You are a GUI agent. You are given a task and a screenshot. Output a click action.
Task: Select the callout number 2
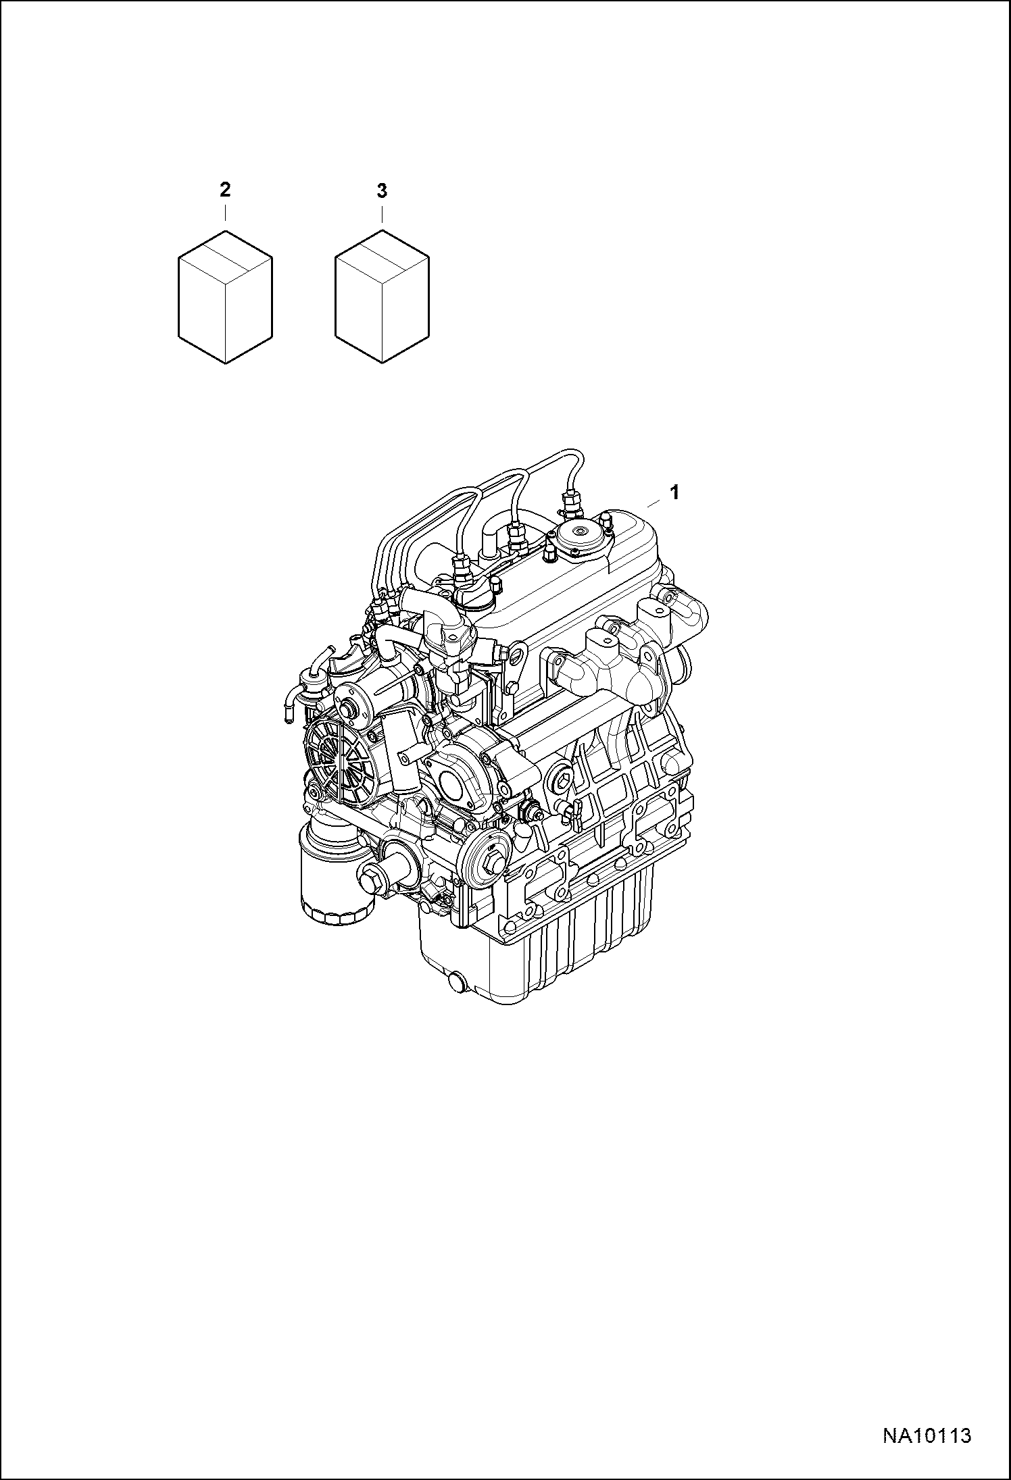coord(225,190)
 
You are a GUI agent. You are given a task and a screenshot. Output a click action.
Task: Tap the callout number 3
coord(382,191)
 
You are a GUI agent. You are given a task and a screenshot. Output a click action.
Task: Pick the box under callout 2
coord(225,297)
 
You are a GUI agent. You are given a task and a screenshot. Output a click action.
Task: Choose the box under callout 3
coord(382,297)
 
